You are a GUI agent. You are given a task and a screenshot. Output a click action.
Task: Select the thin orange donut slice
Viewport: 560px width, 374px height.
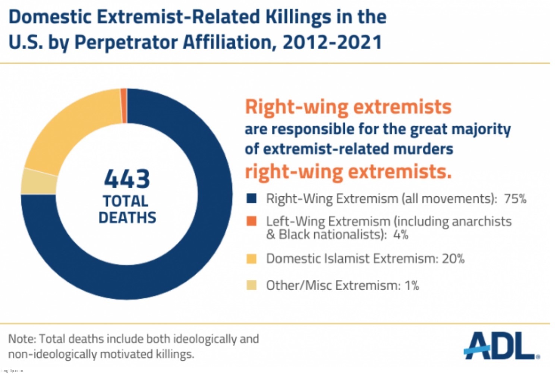[124, 106]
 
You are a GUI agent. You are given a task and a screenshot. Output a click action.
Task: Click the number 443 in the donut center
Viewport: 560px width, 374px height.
[127, 179]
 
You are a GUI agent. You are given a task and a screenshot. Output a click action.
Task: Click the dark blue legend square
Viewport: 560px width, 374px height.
[252, 199]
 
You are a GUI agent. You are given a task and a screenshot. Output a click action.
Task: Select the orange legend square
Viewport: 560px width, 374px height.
[252, 221]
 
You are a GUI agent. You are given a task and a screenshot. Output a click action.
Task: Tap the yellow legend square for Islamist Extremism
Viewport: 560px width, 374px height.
[252, 259]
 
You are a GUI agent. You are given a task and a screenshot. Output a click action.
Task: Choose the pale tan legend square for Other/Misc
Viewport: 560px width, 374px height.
[252, 286]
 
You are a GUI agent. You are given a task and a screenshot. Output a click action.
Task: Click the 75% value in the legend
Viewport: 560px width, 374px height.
[515, 199]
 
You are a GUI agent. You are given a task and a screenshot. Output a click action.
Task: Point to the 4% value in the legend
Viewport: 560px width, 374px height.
[400, 235]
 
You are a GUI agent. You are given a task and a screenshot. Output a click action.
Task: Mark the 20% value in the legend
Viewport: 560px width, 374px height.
[453, 259]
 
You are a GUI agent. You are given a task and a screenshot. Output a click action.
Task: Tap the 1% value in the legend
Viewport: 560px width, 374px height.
[412, 286]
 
